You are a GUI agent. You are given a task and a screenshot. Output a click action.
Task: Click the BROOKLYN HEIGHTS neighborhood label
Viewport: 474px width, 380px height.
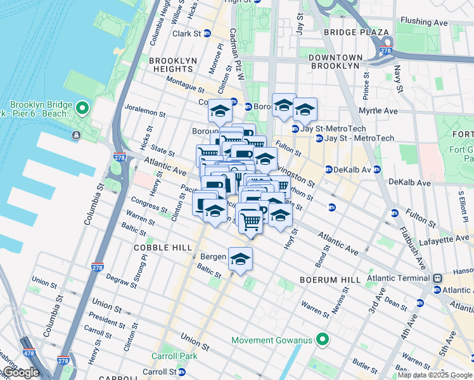[x=171, y=64]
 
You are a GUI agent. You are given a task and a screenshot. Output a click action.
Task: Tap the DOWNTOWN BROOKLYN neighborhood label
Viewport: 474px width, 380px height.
[x=335, y=61]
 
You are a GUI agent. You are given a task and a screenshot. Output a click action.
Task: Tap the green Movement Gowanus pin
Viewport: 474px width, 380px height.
[x=322, y=340]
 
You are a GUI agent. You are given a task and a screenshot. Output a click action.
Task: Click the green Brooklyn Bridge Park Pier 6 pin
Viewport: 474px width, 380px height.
[x=82, y=109]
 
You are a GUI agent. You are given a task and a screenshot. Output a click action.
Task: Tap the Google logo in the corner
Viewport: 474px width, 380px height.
[x=20, y=372]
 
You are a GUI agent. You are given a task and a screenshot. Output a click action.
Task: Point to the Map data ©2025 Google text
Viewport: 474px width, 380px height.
[x=435, y=375]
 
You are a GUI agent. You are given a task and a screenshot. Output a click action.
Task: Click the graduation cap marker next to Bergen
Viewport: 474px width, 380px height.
[x=240, y=259]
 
